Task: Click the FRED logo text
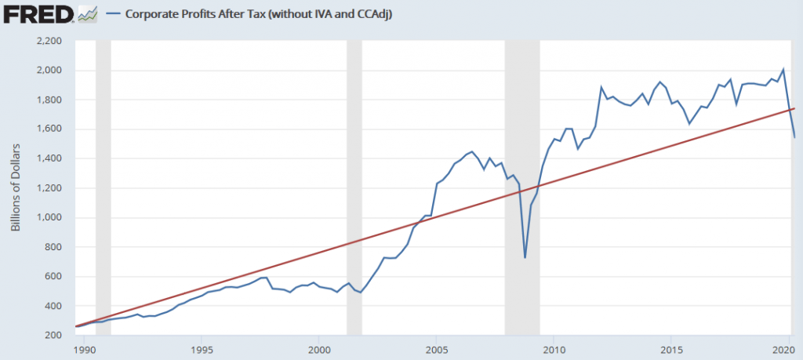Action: pos(38,13)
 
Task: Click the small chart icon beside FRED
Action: pos(88,13)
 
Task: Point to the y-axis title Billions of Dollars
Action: pos(15,188)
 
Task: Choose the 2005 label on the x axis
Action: pos(436,349)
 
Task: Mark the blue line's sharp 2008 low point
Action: pos(525,257)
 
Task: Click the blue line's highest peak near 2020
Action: pos(783,70)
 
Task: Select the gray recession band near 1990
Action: pos(103,188)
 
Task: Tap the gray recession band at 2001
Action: pos(354,188)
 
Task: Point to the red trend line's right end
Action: pos(794,109)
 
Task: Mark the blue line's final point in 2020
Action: pos(794,137)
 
